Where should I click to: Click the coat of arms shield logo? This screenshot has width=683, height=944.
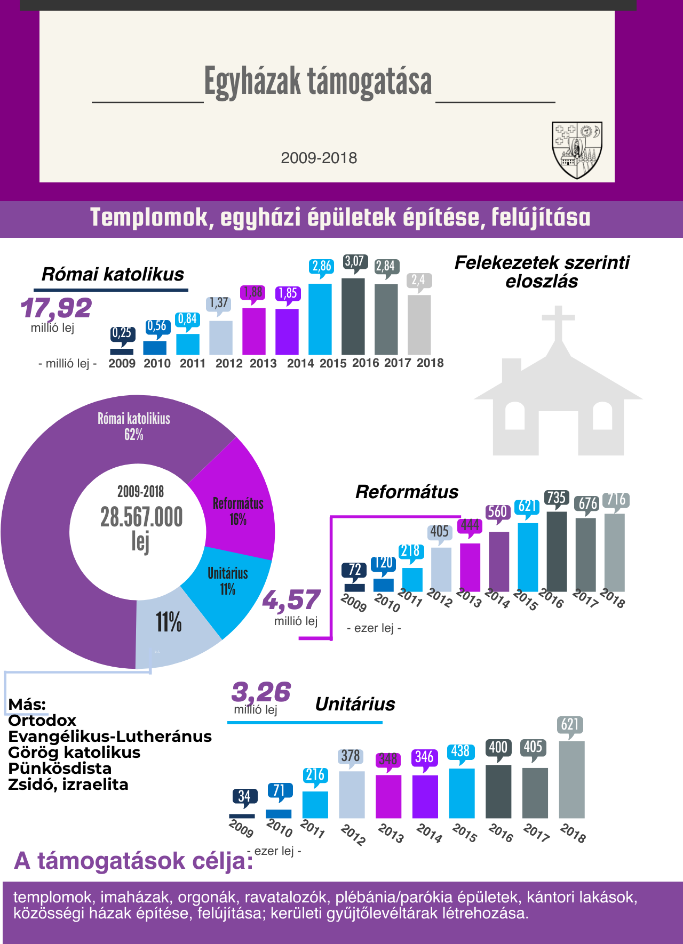577,149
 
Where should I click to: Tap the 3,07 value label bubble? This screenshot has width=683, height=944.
354,261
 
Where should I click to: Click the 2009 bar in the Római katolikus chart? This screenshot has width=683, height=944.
122,351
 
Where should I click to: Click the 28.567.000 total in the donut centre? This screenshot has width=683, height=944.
141,517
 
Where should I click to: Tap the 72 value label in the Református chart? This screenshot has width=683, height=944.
355,570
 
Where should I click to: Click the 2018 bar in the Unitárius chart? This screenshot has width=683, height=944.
571,779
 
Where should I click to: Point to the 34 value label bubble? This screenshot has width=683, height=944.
244,796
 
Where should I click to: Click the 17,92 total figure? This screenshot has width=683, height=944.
56,308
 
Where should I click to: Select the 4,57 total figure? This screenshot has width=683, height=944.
291,601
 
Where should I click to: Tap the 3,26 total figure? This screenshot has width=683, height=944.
261,692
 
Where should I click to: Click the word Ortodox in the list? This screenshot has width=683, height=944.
42,721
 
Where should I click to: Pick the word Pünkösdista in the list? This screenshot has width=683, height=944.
60,769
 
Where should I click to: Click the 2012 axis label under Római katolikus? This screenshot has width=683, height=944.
229,364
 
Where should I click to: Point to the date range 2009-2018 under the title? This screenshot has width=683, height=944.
319,158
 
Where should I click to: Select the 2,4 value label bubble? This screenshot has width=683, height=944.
418,279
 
